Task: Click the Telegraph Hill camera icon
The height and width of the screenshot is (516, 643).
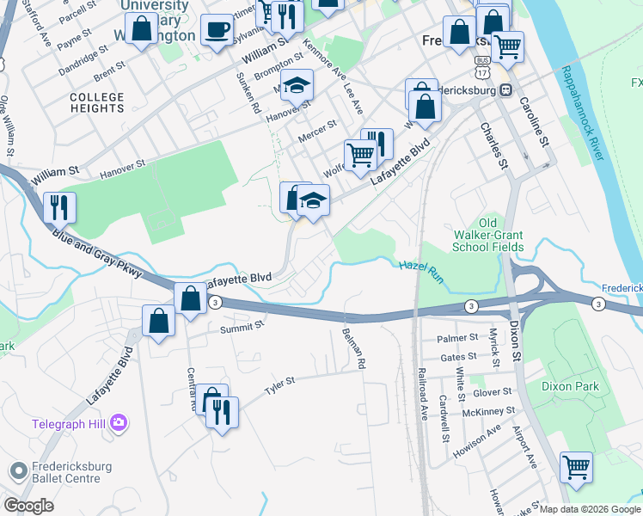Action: click(119, 423)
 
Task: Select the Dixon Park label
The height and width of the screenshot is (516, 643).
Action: click(570, 387)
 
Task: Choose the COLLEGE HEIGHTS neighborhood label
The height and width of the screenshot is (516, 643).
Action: click(97, 103)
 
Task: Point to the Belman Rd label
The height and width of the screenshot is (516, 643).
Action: click(353, 348)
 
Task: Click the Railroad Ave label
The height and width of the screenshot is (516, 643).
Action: click(422, 395)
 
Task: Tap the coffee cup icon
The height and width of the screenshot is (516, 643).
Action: click(216, 31)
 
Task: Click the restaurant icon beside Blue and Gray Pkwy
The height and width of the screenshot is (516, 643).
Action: click(59, 206)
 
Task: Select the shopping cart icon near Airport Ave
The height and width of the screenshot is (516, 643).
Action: click(576, 468)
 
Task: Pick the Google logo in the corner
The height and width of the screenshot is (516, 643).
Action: click(29, 506)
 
